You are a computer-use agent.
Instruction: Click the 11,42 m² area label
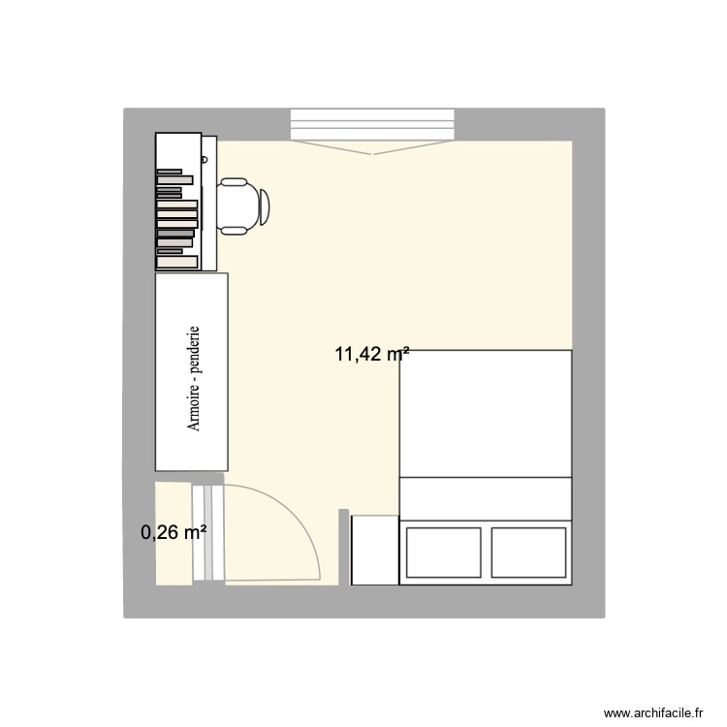371,355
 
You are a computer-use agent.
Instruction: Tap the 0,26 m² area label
174,531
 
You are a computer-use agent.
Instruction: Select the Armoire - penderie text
195,378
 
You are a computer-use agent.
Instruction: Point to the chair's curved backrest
265,205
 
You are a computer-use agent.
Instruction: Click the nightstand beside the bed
374,550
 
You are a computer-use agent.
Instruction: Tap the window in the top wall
372,124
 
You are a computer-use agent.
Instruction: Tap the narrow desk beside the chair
208,202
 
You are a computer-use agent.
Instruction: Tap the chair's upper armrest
234,181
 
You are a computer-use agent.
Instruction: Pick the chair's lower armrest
234,230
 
